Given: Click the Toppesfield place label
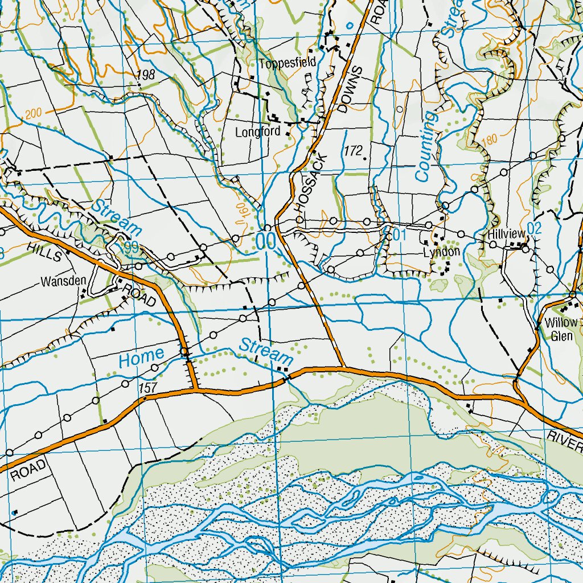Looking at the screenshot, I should [287, 64].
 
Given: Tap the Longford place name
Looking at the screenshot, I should [258, 132].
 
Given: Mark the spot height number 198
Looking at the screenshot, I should [146, 75].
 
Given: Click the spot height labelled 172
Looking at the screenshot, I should [353, 151].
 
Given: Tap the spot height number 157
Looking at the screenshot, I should [147, 387].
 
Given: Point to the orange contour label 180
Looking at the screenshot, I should [489, 140].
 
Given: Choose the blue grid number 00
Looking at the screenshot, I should [265, 241].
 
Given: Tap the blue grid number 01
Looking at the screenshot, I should [398, 234].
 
